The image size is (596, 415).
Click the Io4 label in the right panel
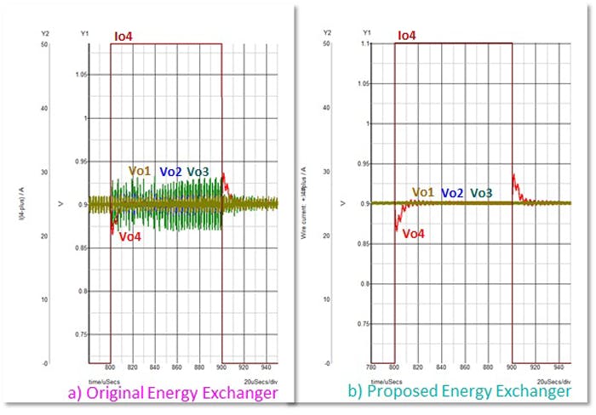point(406,36)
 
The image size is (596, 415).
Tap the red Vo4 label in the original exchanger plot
point(129,237)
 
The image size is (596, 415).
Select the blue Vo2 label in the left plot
point(170,172)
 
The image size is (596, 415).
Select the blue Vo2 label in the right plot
point(452,193)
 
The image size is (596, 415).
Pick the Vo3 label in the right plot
point(481,193)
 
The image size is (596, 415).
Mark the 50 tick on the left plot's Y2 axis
point(43,43)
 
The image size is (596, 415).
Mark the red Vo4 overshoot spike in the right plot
point(514,179)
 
